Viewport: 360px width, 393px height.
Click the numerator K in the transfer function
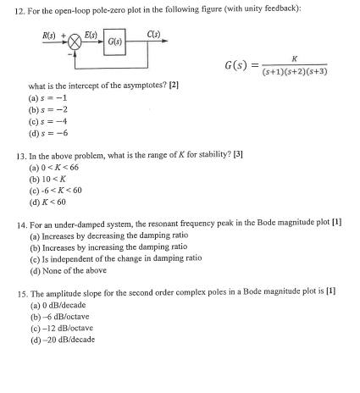(x=293, y=59)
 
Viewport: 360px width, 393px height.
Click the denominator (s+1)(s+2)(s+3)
(x=293, y=72)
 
